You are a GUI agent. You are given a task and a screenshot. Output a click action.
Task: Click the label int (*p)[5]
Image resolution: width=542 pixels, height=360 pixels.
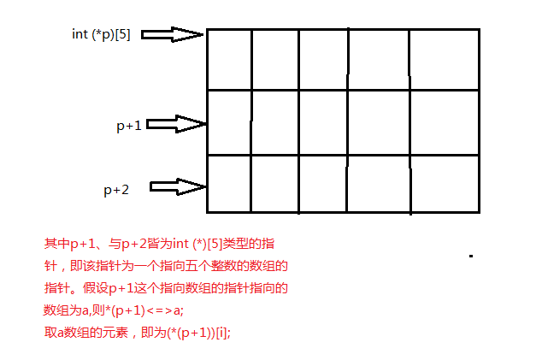101,34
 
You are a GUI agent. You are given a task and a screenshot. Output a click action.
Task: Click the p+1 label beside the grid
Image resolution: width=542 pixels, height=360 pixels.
129,125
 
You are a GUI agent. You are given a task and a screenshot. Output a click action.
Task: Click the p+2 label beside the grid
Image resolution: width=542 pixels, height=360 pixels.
116,190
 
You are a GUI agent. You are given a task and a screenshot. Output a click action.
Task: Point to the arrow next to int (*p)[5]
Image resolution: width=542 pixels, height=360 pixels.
172,34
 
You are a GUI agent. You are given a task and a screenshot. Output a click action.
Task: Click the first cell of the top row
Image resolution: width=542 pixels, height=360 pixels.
229,59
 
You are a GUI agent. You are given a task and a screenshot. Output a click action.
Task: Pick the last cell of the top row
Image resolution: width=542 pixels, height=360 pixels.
443,59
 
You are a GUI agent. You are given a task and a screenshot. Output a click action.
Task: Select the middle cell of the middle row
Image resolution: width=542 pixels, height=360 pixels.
322,122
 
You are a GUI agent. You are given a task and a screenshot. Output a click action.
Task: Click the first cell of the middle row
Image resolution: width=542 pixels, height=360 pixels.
229,122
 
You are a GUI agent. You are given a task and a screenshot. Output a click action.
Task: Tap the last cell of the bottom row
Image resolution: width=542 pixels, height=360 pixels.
443,183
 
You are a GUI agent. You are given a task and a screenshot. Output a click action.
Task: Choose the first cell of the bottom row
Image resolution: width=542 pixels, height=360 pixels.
229,183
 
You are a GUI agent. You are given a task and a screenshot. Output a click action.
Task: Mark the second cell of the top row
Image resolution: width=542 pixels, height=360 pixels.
274,59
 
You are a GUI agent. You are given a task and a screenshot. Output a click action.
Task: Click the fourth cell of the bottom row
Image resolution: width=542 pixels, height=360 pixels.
378,183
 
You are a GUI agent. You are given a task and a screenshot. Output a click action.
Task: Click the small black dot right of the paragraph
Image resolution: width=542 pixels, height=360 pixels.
471,255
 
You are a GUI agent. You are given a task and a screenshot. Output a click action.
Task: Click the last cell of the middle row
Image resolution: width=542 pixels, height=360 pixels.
443,122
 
